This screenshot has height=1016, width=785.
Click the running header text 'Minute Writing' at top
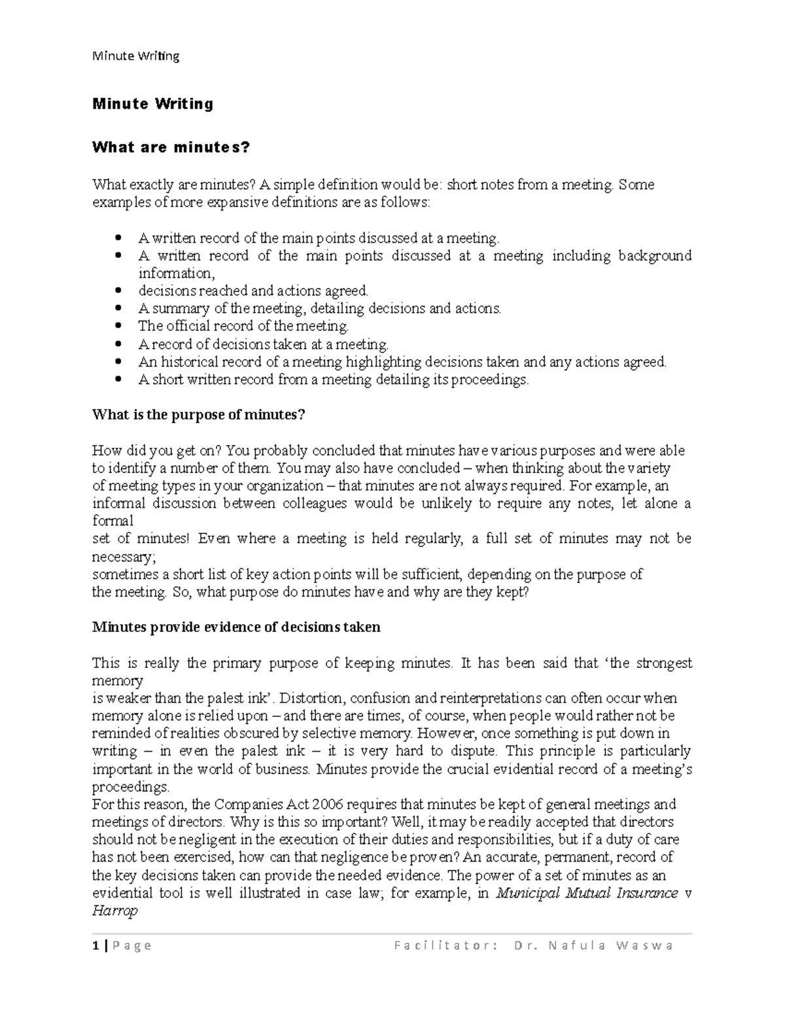(135, 56)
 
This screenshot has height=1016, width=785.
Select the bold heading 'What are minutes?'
(171, 147)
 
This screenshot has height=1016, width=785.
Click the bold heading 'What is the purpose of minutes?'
(199, 415)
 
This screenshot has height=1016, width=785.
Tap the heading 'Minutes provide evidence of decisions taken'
(236, 627)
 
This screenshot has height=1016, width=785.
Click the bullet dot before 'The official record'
(118, 326)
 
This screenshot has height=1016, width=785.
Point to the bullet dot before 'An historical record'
(118, 361)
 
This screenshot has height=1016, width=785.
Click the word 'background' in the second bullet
(655, 256)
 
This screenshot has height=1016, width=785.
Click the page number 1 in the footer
(96, 945)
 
